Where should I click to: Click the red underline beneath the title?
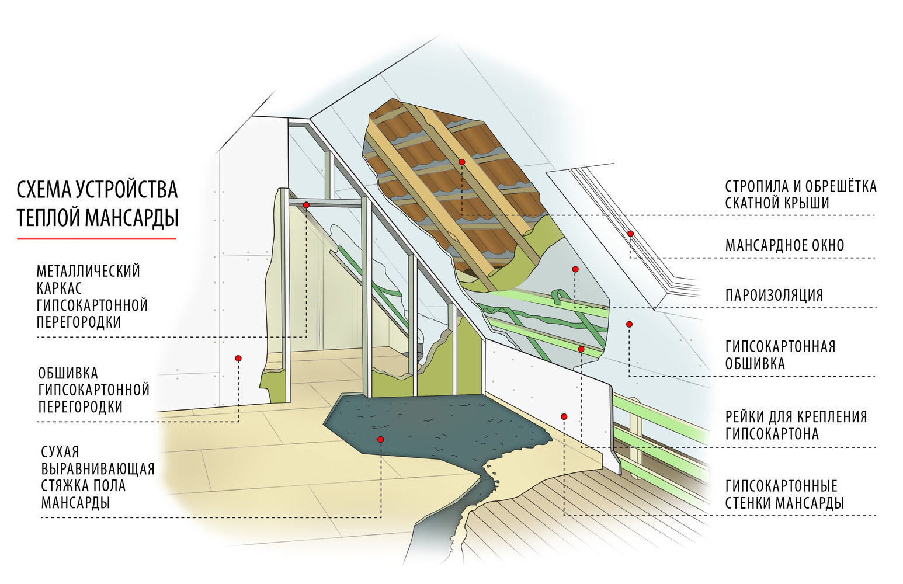96,238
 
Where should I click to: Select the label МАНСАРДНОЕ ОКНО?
784,245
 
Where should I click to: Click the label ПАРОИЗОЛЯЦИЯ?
774,295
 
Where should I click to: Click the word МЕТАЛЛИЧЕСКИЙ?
88,272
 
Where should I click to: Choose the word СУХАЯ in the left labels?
60,452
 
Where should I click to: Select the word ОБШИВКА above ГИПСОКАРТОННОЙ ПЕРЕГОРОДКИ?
68,373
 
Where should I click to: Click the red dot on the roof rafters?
461,162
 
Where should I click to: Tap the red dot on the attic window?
631,234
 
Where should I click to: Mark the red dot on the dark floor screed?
380,439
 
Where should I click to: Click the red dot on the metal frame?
306,205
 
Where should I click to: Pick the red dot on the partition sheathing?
238,358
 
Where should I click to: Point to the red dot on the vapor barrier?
575,269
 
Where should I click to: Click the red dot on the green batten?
581,349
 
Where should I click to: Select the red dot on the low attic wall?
564,416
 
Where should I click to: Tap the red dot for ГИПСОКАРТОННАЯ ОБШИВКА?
629,324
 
